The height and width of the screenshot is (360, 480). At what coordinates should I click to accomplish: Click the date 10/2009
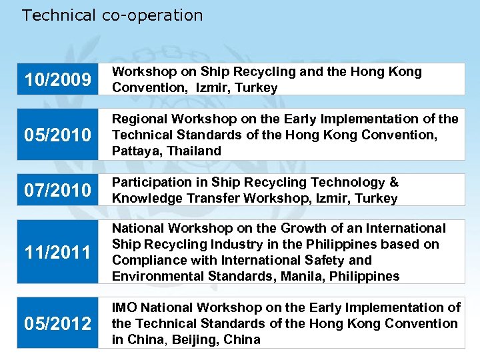(57, 80)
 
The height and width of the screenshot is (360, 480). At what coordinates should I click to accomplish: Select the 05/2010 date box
(57, 135)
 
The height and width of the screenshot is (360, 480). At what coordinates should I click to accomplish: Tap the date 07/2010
(57, 191)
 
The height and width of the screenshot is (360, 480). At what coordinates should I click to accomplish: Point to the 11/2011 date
(57, 253)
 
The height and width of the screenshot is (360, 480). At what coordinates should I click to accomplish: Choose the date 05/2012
(57, 323)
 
